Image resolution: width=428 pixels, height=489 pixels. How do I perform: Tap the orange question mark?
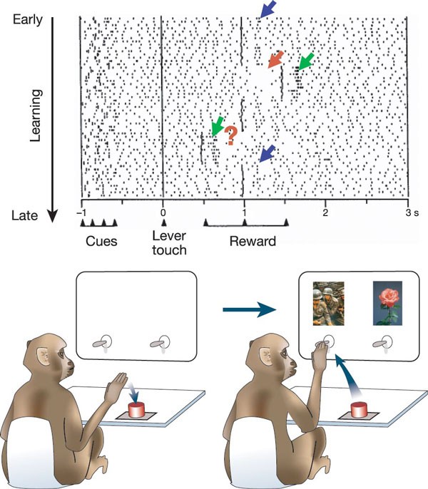[230, 135]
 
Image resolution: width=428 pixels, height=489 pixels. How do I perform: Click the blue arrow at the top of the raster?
[267, 9]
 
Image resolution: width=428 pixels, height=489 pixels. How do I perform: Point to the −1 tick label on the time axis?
[82, 212]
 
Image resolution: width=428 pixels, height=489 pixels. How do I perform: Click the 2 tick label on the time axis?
[325, 212]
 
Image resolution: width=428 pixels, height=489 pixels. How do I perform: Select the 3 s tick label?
[409, 212]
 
